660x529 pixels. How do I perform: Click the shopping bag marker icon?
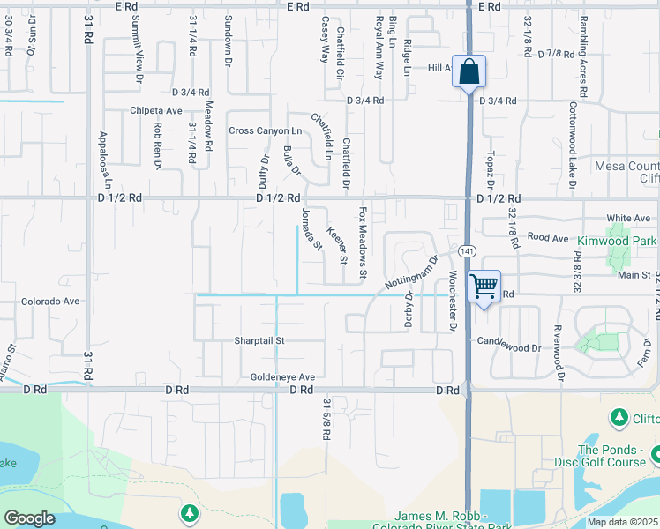coord(469,71)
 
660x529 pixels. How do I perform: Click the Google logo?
coord(29,518)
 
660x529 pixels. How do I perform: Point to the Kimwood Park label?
coord(619,240)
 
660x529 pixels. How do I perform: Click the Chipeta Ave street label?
coord(155,111)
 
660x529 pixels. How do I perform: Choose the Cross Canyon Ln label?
coord(265,130)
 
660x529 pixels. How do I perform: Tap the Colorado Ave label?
coord(51,301)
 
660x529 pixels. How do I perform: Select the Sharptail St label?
coord(259,340)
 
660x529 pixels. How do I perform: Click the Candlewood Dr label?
coord(509,347)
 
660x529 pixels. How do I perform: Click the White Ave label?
coord(627,219)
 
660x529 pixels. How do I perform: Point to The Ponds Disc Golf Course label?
coord(600,456)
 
